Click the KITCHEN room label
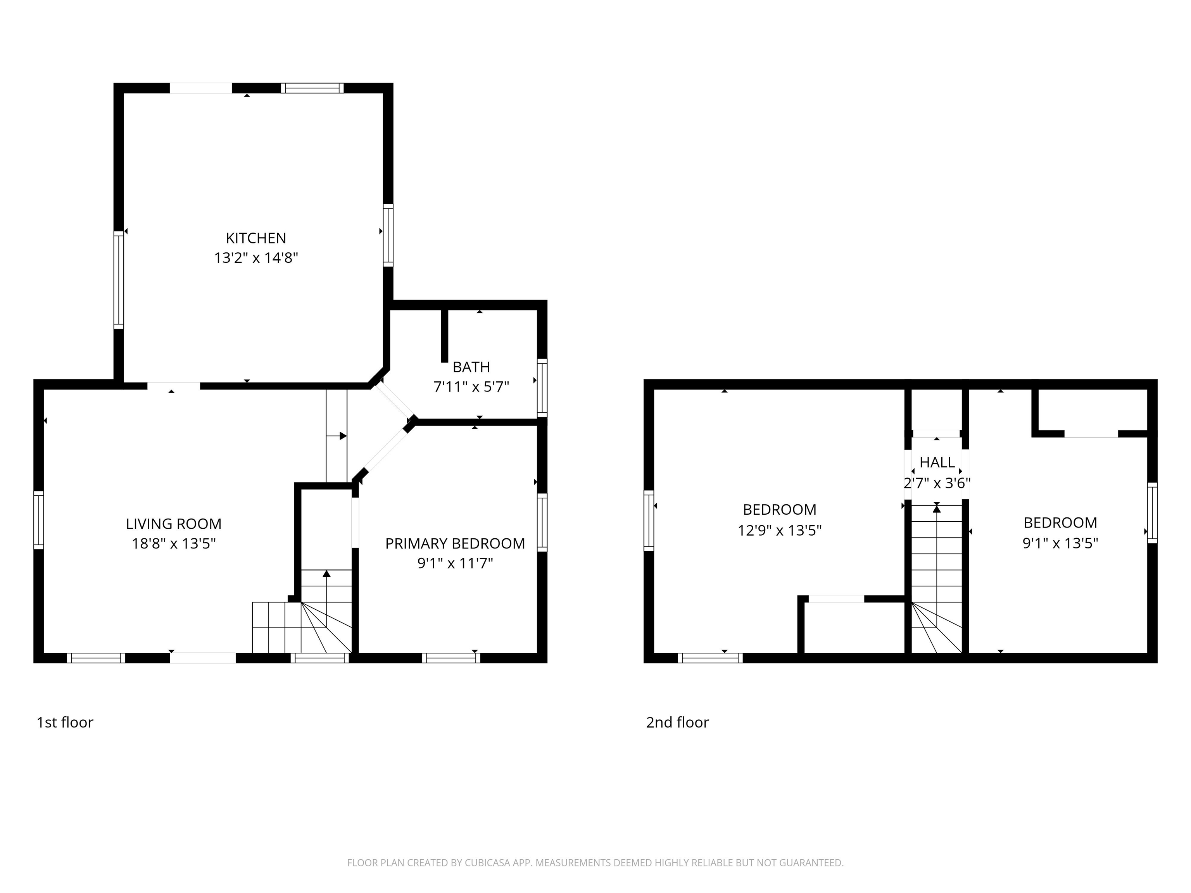pyautogui.click(x=256, y=238)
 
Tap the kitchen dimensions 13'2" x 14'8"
pyautogui.click(x=256, y=258)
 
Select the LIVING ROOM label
pyautogui.click(x=173, y=524)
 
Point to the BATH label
pyautogui.click(x=471, y=367)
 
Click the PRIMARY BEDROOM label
pyautogui.click(x=455, y=544)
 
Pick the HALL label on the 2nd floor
pyautogui.click(x=937, y=462)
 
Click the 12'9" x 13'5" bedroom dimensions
pyautogui.click(x=779, y=531)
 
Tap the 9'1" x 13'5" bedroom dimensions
pyautogui.click(x=1060, y=543)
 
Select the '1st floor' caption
pyautogui.click(x=65, y=722)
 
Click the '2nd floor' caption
pyautogui.click(x=677, y=722)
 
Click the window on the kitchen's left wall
pyautogui.click(x=119, y=280)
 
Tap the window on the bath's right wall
pyautogui.click(x=542, y=388)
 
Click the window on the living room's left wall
pyautogui.click(x=38, y=520)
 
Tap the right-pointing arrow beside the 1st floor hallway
pyautogui.click(x=342, y=436)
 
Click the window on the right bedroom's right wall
pyautogui.click(x=1152, y=512)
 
